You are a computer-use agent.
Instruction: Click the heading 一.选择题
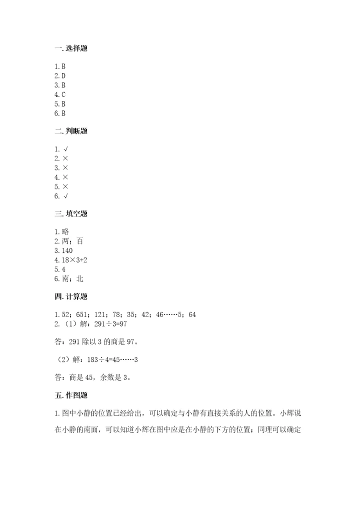click(72, 48)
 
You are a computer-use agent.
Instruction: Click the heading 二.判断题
click(72, 131)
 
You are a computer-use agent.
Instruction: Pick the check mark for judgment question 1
click(65, 149)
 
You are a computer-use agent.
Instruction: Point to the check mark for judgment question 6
click(65, 196)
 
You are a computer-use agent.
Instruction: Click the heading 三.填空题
click(72, 213)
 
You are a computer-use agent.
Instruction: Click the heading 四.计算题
click(72, 296)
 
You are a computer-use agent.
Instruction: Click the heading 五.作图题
click(72, 395)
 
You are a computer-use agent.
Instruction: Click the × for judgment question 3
click(65, 168)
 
